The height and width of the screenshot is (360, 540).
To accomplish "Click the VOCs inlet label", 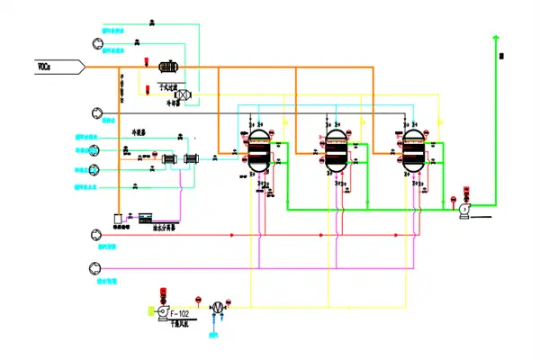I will pyautogui.click(x=42, y=66).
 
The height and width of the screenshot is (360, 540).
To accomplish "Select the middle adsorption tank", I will pyautogui.click(x=335, y=150).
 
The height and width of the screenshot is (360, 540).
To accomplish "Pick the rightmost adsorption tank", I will pyautogui.click(x=412, y=150).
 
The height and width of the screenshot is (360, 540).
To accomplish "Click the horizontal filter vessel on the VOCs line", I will pyautogui.click(x=167, y=67).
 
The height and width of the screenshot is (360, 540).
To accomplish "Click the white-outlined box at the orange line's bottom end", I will pyautogui.click(x=119, y=218).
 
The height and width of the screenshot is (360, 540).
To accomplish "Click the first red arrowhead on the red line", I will pyautogui.click(x=233, y=235).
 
